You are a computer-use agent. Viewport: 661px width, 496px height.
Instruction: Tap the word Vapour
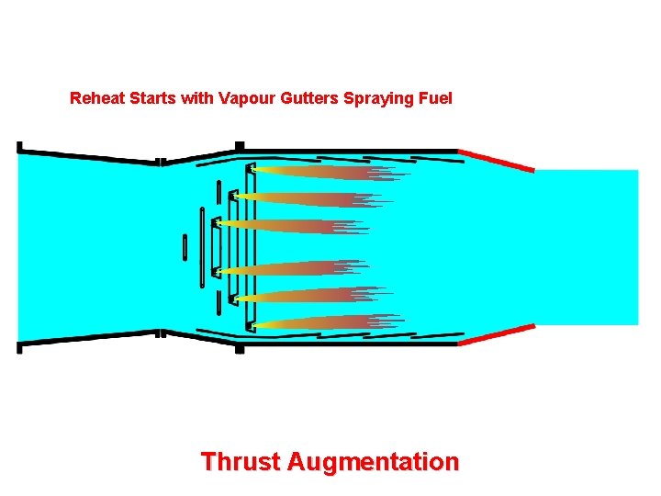(246, 97)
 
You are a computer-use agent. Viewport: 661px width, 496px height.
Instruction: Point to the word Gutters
(308, 97)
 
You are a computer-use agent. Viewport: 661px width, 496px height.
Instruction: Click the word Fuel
(434, 97)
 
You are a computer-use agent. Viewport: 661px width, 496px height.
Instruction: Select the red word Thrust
(240, 460)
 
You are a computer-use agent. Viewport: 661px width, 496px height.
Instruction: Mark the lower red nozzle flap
(496, 335)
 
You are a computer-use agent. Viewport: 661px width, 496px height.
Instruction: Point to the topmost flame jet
(321, 172)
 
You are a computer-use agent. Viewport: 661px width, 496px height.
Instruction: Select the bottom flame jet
(321, 321)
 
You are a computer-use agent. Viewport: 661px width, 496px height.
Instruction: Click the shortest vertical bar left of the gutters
(185, 247)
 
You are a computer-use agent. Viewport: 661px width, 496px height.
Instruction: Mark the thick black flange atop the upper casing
(240, 146)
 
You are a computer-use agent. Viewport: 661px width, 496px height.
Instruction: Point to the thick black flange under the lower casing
(240, 348)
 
